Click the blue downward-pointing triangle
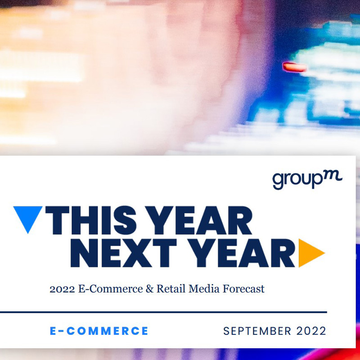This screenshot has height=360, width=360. [28, 217]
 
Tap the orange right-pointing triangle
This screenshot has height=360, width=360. [310, 253]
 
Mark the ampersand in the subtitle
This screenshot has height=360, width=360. [150, 289]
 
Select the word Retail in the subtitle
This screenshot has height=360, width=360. [171, 289]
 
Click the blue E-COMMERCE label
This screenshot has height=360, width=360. [99, 331]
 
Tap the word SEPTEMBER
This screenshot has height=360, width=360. [257, 331]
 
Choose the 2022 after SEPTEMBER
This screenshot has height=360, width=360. [311, 331]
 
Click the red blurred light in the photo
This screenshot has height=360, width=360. [295, 67]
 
